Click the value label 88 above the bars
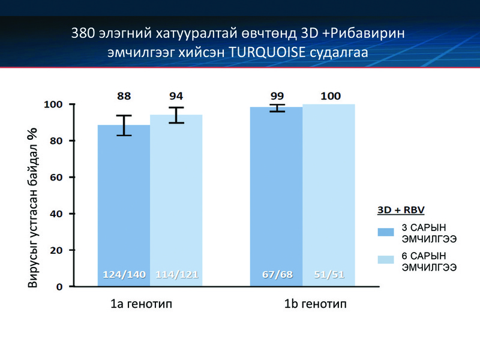pos(124,96)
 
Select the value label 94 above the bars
pos(176,96)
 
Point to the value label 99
pos(277,96)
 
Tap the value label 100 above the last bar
pos(331,96)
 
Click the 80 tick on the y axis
pos(56,141)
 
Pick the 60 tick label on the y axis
pos(56,177)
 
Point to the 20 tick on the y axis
pos(56,250)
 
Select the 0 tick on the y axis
pos(59,287)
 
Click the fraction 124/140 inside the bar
pos(124,275)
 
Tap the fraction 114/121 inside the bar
pos(177,275)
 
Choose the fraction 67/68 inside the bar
pos(277,275)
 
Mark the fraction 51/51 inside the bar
pos(329,275)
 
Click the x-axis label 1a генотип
pos(142,304)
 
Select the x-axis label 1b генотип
pos(316,304)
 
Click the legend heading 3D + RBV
pos(401,210)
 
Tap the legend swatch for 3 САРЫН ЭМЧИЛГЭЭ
pos(386,232)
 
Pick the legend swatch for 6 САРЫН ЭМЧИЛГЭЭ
pos(386,260)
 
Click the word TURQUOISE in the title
pos(267,52)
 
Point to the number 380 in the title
pos(83,33)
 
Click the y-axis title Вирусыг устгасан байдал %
pos(32,208)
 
